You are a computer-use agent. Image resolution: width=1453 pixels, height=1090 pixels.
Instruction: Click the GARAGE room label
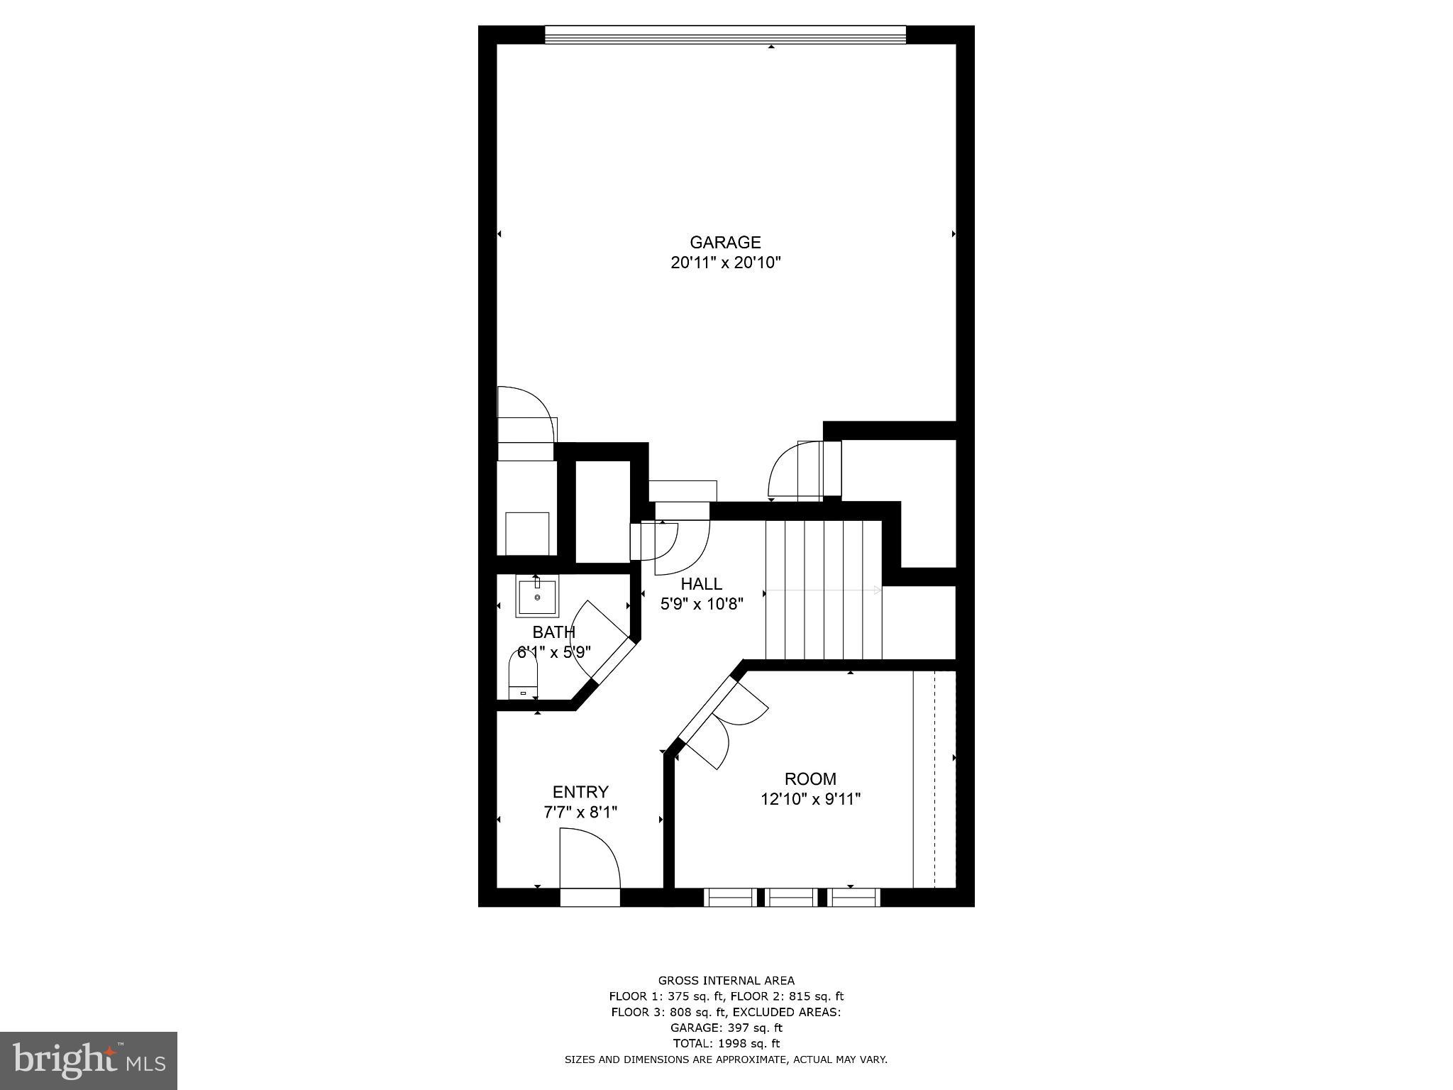click(x=725, y=243)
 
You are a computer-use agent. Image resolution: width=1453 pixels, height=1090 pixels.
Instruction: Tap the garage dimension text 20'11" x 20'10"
click(x=725, y=263)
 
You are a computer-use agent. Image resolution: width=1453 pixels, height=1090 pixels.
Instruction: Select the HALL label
click(x=701, y=584)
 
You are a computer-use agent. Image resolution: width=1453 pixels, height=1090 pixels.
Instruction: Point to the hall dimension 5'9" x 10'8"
click(x=701, y=605)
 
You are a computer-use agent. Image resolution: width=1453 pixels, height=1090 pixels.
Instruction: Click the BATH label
click(x=553, y=632)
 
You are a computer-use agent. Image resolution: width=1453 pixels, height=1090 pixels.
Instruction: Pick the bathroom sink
click(x=537, y=597)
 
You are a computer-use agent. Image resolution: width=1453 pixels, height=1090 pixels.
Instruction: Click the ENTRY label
click(x=580, y=792)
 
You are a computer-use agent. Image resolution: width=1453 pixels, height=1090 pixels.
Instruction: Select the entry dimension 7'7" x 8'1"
click(x=580, y=813)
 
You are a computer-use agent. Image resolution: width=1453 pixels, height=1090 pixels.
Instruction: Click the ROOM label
click(x=810, y=778)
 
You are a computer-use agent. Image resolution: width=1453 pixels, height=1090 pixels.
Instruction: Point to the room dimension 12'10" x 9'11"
click(x=810, y=800)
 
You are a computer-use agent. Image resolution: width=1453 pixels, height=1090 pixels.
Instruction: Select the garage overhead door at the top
click(x=725, y=35)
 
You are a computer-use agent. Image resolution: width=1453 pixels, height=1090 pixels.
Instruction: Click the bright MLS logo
click(x=88, y=1060)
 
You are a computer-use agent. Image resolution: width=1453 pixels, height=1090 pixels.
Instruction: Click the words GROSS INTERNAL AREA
click(x=726, y=981)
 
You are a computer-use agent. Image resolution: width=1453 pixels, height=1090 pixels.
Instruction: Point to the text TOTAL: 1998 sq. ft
click(x=726, y=1044)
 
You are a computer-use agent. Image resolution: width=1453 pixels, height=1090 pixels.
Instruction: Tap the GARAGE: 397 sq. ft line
click(x=726, y=1028)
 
